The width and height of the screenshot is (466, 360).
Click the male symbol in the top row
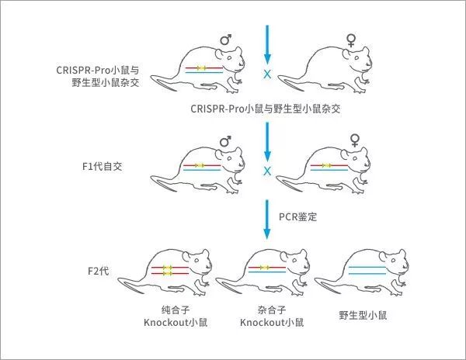[225, 40]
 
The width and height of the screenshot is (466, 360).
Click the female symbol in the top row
[351, 40]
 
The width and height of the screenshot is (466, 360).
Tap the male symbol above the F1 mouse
[225, 141]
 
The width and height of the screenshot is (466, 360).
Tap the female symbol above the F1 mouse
[354, 140]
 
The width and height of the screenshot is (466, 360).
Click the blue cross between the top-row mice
[267, 74]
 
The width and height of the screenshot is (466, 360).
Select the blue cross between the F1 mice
[267, 171]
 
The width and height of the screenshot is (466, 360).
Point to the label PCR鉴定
[297, 216]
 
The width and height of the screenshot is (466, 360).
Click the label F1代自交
[103, 166]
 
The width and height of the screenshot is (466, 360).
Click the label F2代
[99, 271]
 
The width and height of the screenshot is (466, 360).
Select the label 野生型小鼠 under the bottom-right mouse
[363, 315]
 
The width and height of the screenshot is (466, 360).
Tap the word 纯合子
[176, 310]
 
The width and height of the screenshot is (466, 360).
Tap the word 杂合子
[272, 310]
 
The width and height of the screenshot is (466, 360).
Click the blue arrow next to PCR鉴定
[267, 220]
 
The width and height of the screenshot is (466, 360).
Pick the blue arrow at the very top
[267, 45]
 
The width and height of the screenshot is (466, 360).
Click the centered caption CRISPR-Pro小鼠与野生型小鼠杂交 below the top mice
[266, 109]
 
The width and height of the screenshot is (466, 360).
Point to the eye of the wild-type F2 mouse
[393, 260]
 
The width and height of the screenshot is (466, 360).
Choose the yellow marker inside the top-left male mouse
[202, 68]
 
